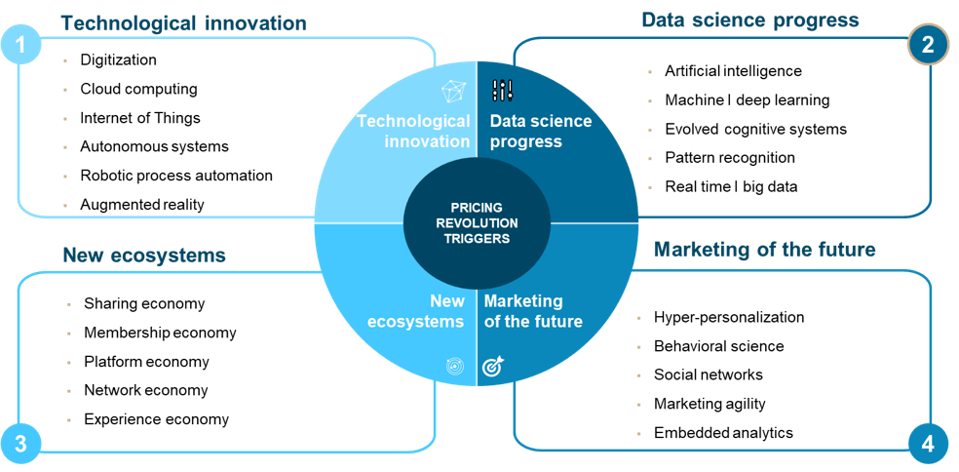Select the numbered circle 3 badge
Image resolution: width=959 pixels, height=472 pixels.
[x=20, y=444]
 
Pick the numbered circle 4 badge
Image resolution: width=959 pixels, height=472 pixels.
[x=928, y=444]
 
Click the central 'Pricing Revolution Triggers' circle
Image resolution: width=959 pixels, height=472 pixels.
[x=477, y=222]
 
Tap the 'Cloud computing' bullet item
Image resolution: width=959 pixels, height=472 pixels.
[x=138, y=89]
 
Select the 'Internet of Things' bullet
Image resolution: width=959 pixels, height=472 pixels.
[x=140, y=118]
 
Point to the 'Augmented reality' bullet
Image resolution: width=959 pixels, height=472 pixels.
[x=142, y=205]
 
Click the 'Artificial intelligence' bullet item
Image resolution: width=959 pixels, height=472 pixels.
[x=733, y=70]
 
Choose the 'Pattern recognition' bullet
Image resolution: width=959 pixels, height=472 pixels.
[x=730, y=157]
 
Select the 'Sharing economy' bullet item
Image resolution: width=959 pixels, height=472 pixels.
[x=144, y=303]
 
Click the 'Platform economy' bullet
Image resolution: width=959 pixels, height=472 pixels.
[x=147, y=362]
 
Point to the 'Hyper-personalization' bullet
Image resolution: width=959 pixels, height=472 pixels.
[x=729, y=317]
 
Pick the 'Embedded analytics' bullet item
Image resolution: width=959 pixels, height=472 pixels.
[x=723, y=433]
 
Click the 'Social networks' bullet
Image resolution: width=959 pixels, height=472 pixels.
[x=709, y=374]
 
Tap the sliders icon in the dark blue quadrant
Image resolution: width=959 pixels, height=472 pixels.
[x=503, y=91]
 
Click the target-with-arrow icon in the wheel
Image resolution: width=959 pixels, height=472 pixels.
[x=492, y=366]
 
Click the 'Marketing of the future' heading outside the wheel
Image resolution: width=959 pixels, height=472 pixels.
[x=764, y=249]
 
